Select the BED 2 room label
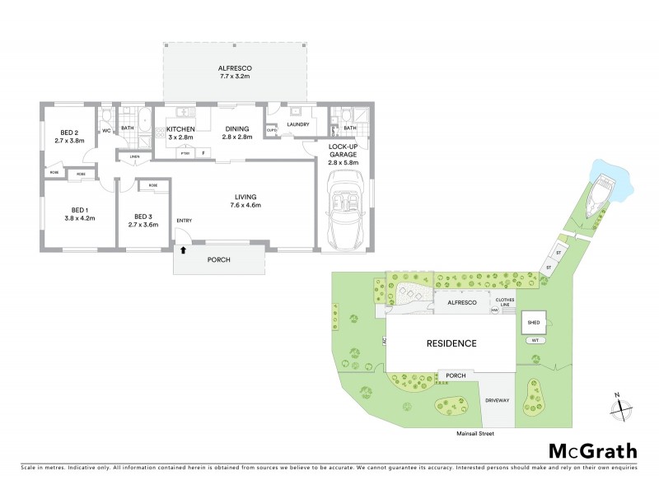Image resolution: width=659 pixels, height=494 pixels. [69, 137]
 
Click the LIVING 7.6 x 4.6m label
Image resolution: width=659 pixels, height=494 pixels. [245, 201]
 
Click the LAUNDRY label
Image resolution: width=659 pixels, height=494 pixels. [298, 124]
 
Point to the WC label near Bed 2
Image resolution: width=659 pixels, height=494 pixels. [106, 130]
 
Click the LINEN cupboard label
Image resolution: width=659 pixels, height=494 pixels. [133, 157]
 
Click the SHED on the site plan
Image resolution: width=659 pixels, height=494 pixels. [533, 323]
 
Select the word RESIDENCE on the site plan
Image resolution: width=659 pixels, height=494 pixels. [450, 343]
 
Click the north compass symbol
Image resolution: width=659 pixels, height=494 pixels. [620, 406]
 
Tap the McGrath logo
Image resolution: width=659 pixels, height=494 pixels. [592, 450]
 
